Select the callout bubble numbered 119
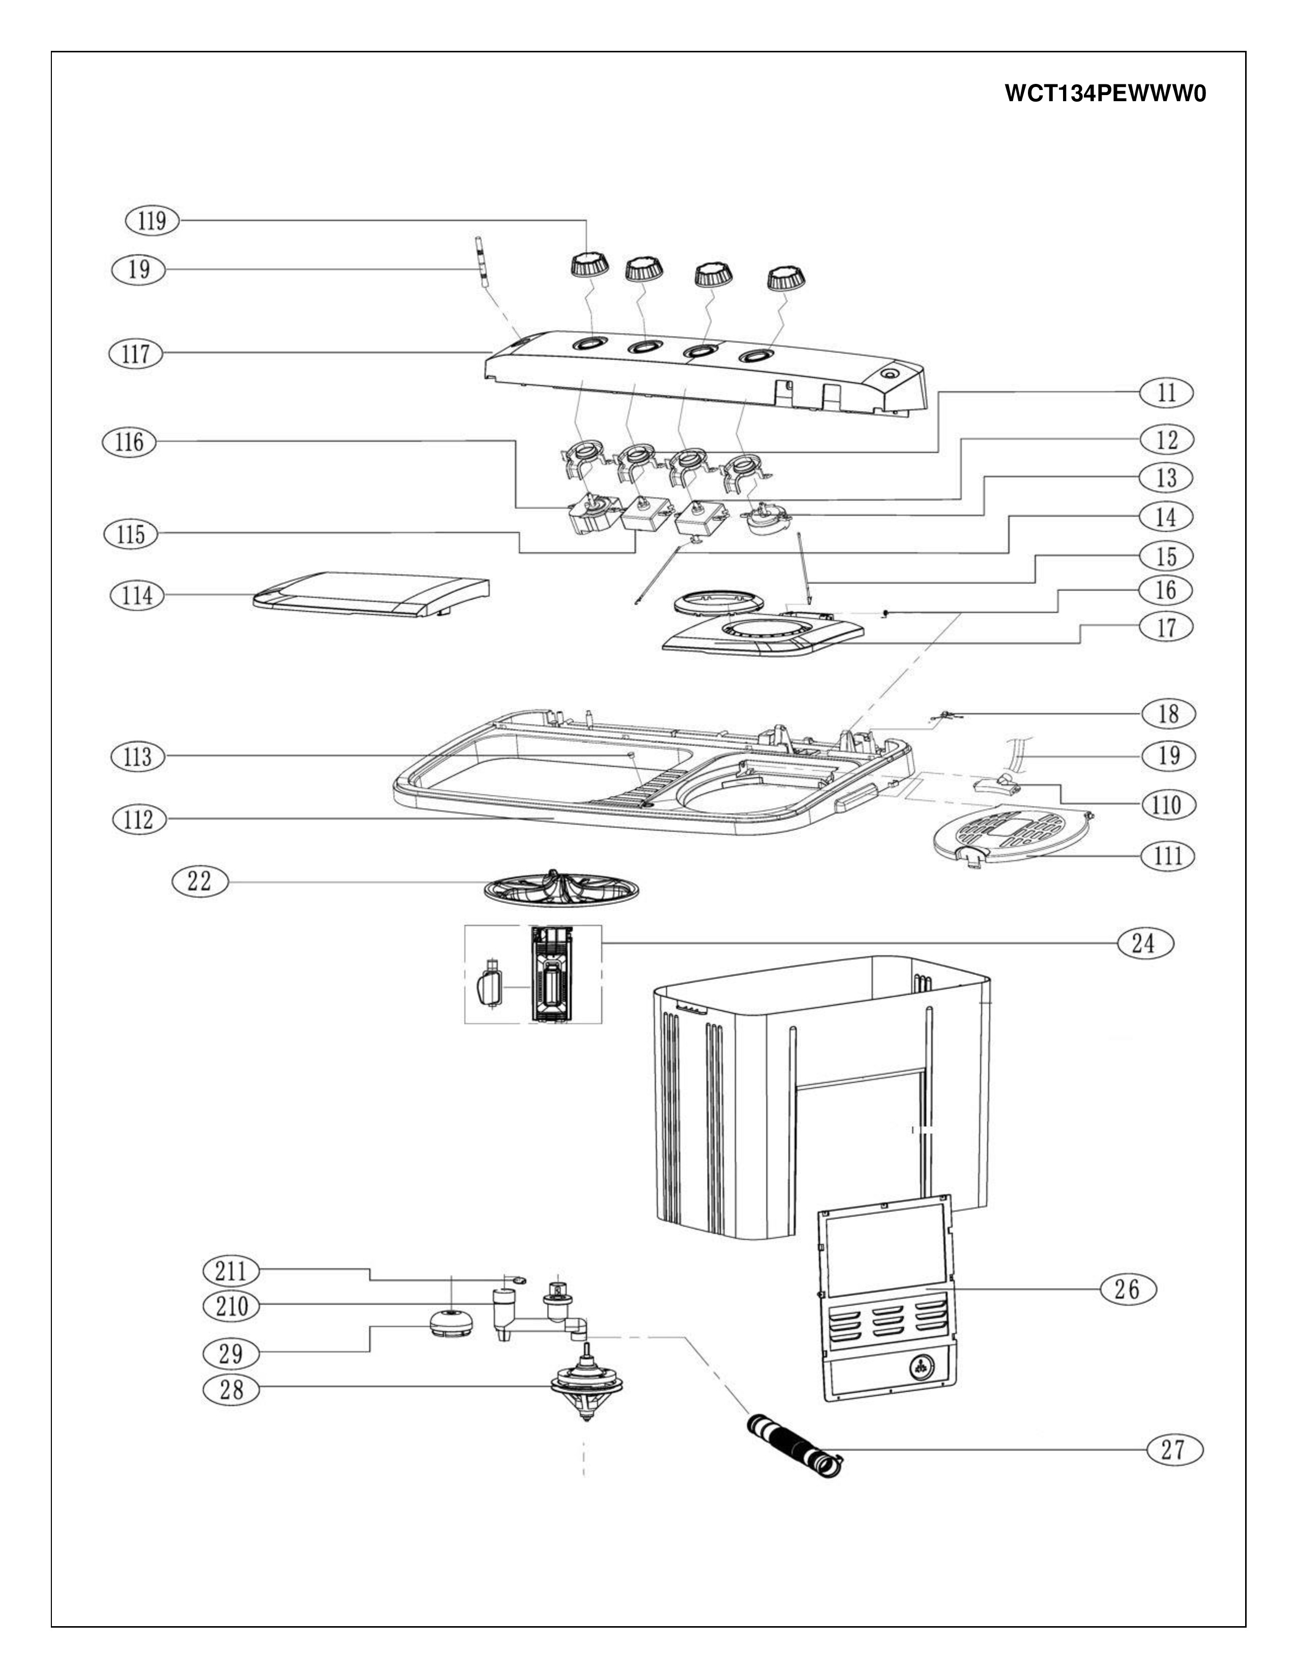coord(152,221)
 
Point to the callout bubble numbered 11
coord(1166,393)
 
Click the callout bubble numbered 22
coord(199,881)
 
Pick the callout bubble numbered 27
coord(1173,1450)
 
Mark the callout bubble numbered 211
coord(230,1272)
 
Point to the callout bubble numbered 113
coord(137,757)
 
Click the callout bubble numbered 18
coord(1168,714)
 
